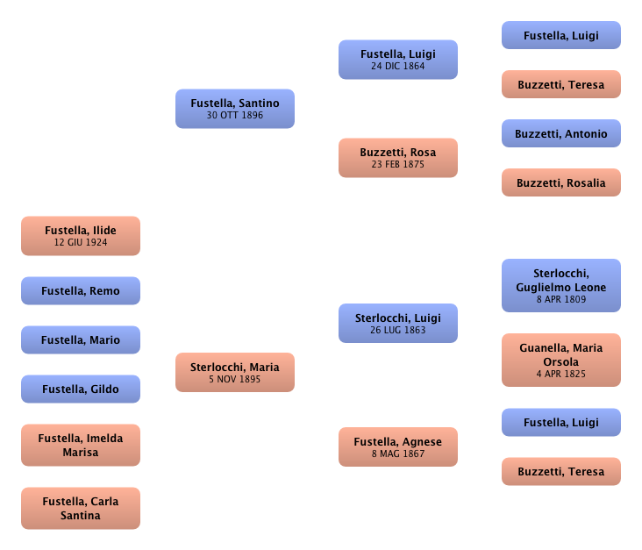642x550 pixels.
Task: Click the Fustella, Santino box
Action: point(234,109)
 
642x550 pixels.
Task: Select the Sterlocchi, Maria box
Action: point(234,373)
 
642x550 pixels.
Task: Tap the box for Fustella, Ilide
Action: point(81,236)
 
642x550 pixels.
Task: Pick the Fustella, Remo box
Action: point(81,291)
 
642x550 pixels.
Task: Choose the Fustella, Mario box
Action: point(81,340)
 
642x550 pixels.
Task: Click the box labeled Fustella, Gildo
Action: point(81,389)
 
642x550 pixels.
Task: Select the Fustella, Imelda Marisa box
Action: point(81,445)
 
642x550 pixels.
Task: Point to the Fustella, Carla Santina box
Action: point(81,509)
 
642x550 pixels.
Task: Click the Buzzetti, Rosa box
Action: point(397,158)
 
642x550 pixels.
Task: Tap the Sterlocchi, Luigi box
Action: point(397,324)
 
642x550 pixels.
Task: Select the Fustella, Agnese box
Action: point(397,447)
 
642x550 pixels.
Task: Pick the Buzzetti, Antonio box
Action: point(560,134)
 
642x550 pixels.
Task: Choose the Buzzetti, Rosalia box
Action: point(560,183)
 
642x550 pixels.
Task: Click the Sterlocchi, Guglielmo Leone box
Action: point(560,286)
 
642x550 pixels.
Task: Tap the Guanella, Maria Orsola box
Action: point(560,361)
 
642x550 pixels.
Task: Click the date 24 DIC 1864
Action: point(397,66)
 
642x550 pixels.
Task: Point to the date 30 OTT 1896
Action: point(234,115)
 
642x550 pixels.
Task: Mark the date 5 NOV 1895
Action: point(234,379)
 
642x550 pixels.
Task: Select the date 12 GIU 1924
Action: point(81,242)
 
